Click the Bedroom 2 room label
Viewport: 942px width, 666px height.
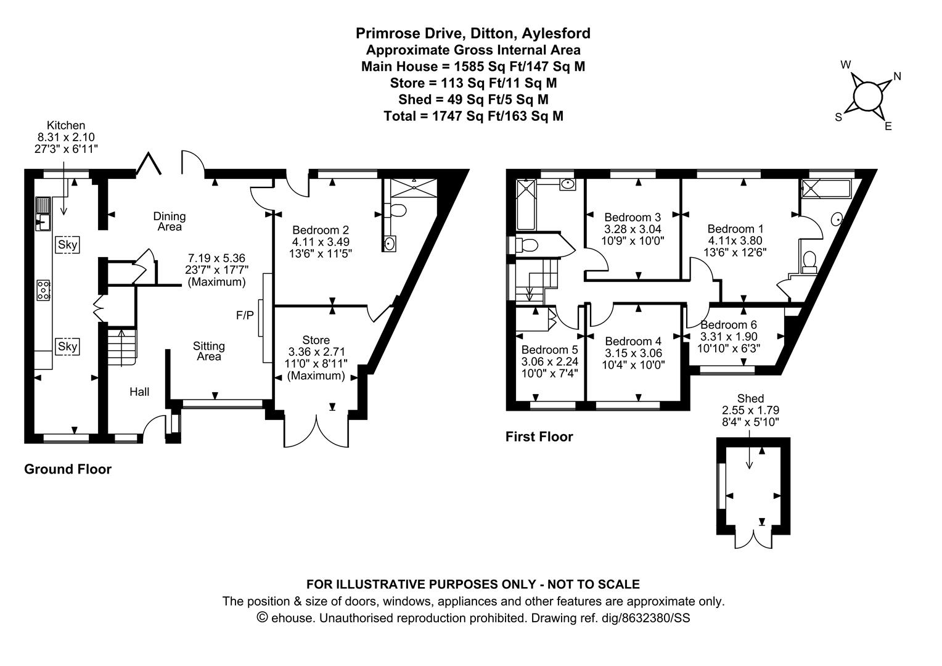[321, 230]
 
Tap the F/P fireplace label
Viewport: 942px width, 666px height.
[245, 315]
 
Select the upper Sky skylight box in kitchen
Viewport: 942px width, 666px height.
[67, 244]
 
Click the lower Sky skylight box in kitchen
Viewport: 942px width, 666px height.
[67, 347]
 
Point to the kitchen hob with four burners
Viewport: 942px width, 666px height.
[44, 290]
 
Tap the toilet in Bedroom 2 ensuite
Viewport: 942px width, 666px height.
[398, 210]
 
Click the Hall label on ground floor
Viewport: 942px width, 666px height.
[139, 392]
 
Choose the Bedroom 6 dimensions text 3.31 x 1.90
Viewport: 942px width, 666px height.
[729, 336]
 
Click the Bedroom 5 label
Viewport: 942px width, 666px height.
[549, 350]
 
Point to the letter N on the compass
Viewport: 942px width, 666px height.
[897, 76]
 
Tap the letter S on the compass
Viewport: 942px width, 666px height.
[838, 117]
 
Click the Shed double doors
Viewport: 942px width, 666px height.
[753, 539]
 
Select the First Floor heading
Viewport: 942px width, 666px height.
[539, 437]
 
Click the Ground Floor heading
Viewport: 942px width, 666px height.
[68, 469]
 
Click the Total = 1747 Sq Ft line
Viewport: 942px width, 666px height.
[473, 116]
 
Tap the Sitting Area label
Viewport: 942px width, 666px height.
[208, 351]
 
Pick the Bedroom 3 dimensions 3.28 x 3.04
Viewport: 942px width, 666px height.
[633, 229]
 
